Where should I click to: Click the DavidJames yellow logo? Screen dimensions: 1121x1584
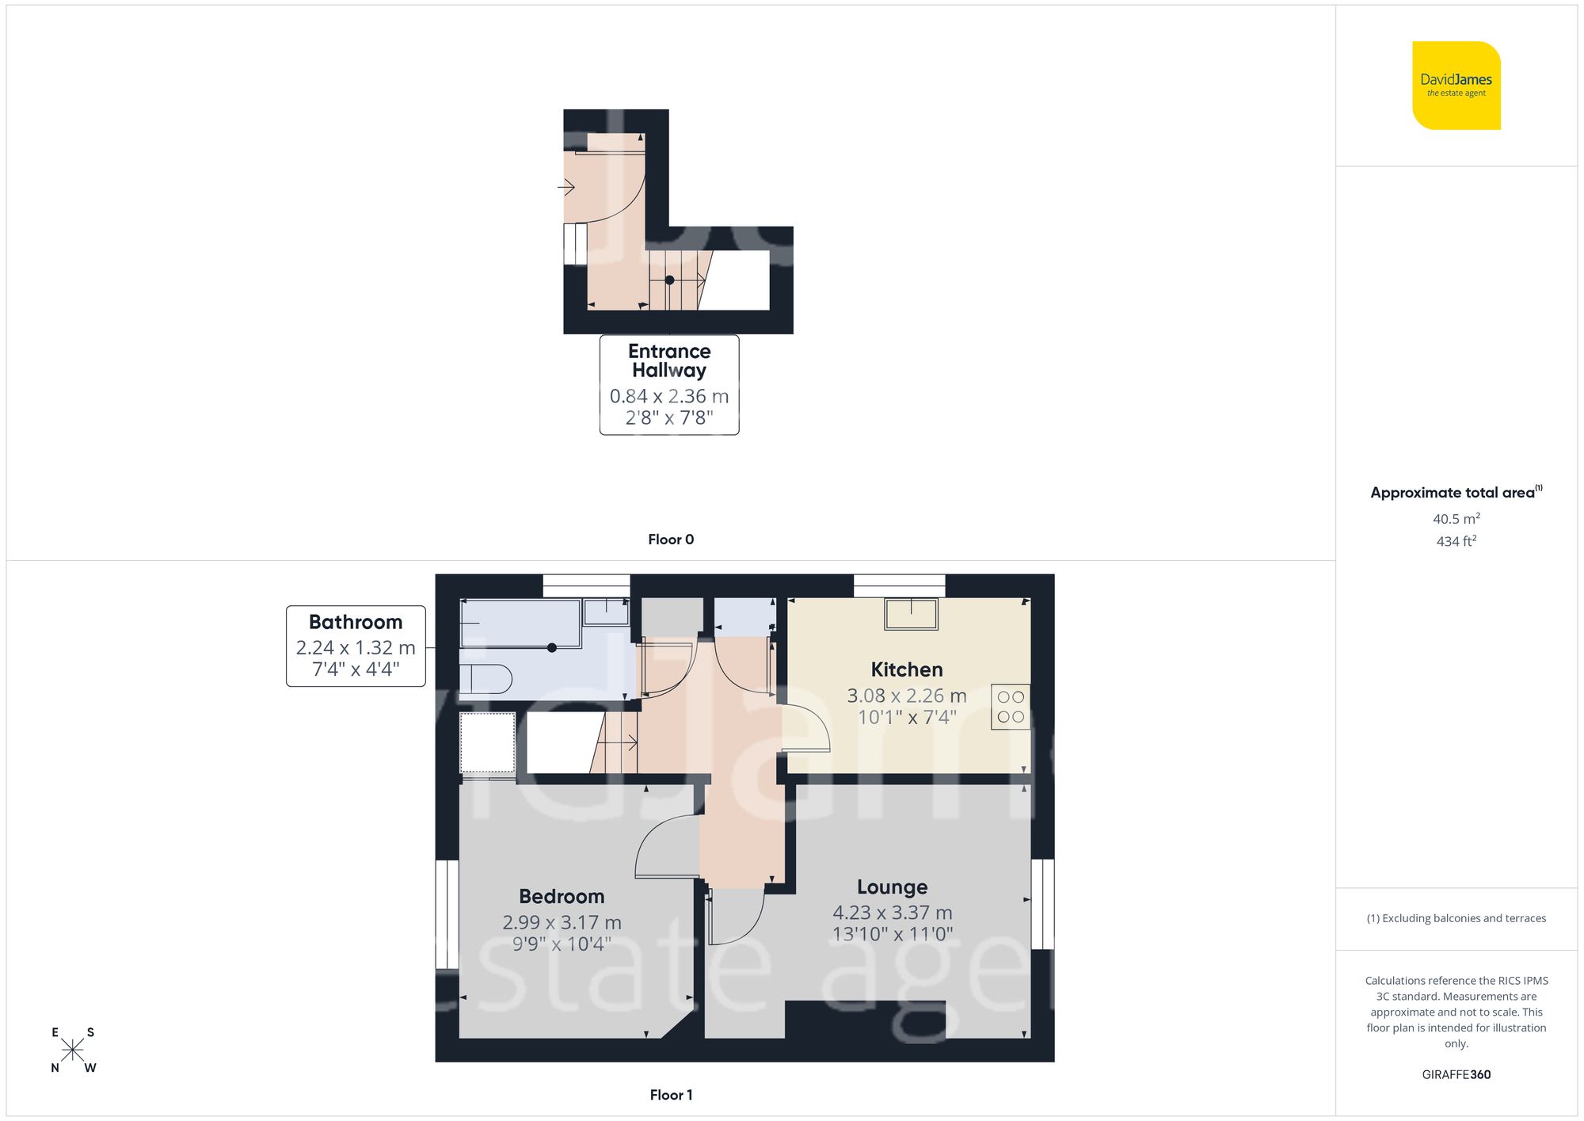(1456, 86)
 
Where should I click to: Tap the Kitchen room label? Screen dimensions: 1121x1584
(906, 669)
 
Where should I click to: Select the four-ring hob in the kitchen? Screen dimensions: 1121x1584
(1011, 707)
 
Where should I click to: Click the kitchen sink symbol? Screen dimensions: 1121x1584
(911, 614)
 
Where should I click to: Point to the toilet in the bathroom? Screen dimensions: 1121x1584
(486, 679)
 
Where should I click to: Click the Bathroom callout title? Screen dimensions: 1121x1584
(356, 622)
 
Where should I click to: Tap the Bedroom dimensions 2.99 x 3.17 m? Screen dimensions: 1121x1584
(562, 922)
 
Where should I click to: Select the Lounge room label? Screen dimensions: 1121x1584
(892, 887)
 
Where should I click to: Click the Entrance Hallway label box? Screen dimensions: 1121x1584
(669, 384)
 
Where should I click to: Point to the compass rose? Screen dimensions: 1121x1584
(72, 1050)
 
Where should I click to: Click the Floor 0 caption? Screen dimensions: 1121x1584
(671, 540)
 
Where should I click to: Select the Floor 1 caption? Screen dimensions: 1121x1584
(671, 1095)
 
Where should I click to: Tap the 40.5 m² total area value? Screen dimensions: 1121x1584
(1456, 519)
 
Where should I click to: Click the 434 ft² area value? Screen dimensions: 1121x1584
(1456, 541)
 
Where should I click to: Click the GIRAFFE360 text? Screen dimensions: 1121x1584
(1456, 1074)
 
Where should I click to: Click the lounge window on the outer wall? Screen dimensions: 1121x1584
(1042, 903)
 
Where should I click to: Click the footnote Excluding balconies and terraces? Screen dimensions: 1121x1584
(1456, 918)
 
